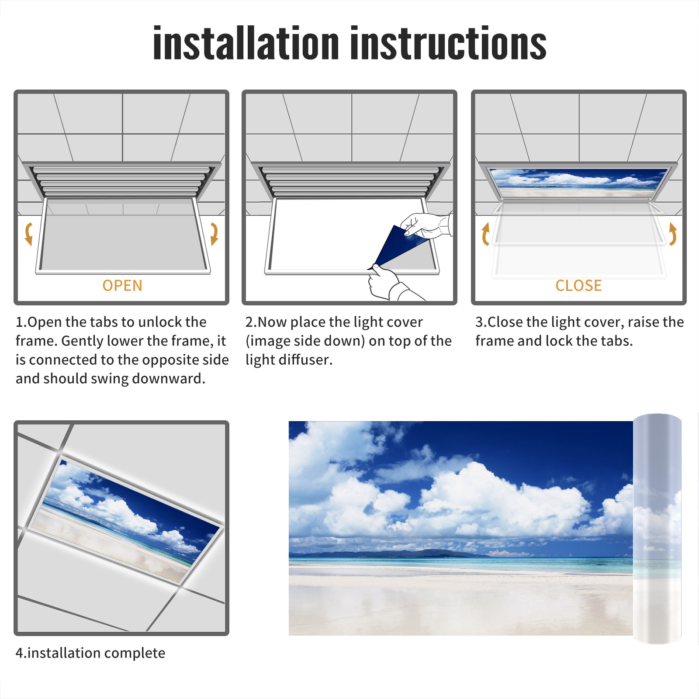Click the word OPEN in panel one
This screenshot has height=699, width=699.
122,285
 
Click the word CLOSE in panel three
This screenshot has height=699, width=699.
578,285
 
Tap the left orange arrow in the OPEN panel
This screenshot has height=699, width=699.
29,234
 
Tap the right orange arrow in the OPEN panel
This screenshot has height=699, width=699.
214,234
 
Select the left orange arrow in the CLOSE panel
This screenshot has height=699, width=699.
485,234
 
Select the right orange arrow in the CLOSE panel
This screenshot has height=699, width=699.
673,234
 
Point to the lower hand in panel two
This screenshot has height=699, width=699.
391,284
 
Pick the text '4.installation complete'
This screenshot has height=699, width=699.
90,653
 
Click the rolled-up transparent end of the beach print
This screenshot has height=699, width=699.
657,529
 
